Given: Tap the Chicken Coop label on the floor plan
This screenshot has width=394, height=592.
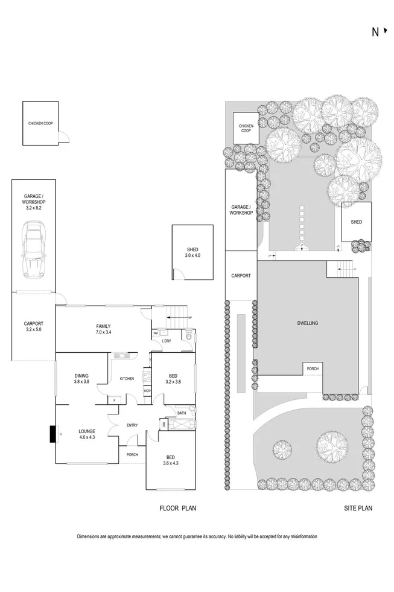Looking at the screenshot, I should pyautogui.click(x=40, y=123).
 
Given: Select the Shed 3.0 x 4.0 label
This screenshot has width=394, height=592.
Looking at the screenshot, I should pyautogui.click(x=192, y=253).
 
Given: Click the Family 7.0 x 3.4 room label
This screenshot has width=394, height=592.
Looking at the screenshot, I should pyautogui.click(x=103, y=329).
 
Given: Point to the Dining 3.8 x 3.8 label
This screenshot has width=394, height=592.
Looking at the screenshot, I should pyautogui.click(x=81, y=378).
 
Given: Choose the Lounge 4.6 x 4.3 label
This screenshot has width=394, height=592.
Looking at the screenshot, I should pyautogui.click(x=87, y=434).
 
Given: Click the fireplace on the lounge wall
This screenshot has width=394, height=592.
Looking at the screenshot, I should pyautogui.click(x=52, y=434).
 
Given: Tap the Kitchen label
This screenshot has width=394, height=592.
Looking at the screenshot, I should pyautogui.click(x=127, y=379).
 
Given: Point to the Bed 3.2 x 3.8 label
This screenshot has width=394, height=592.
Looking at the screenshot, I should pyautogui.click(x=173, y=378).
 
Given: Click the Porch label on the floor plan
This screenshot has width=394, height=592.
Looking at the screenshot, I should pyautogui.click(x=132, y=455).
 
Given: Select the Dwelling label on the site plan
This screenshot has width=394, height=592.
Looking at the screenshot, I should pyautogui.click(x=307, y=323).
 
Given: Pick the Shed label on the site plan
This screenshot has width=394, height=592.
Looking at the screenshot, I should pyautogui.click(x=356, y=222).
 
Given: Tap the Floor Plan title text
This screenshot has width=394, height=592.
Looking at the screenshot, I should pyautogui.click(x=177, y=509).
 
